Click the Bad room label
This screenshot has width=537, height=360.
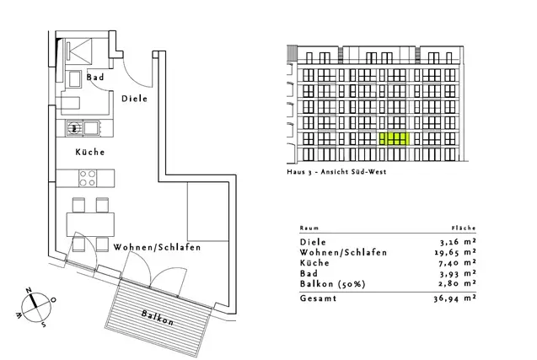[95, 77]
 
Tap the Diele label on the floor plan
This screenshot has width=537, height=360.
[135, 99]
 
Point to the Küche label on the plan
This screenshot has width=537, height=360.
[90, 152]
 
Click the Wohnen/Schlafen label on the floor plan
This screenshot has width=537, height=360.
[157, 247]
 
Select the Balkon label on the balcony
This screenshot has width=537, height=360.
[158, 318]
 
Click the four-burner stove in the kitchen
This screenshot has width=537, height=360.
[88, 178]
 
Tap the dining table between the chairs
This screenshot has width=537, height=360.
[90, 224]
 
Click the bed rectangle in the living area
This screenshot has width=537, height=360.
[208, 212]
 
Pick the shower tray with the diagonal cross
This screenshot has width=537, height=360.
[79, 51]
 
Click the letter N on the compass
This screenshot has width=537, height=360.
[30, 291]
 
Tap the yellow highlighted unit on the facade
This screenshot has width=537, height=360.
[395, 139]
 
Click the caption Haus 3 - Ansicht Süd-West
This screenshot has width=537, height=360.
[336, 172]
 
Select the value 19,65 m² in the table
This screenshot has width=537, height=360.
[455, 252]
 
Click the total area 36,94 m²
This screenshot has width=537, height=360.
[455, 298]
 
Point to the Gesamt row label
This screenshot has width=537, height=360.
[318, 298]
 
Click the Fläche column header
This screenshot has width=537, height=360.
[464, 228]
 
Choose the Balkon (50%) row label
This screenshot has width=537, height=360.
[332, 284]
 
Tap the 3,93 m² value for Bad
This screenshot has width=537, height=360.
[458, 273]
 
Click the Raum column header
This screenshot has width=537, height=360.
[309, 228]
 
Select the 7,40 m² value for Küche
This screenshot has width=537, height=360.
[457, 263]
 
